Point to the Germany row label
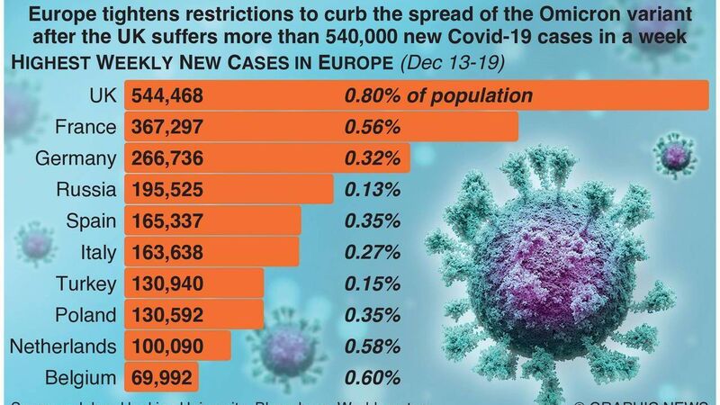point(76,158)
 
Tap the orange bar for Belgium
point(162,377)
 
